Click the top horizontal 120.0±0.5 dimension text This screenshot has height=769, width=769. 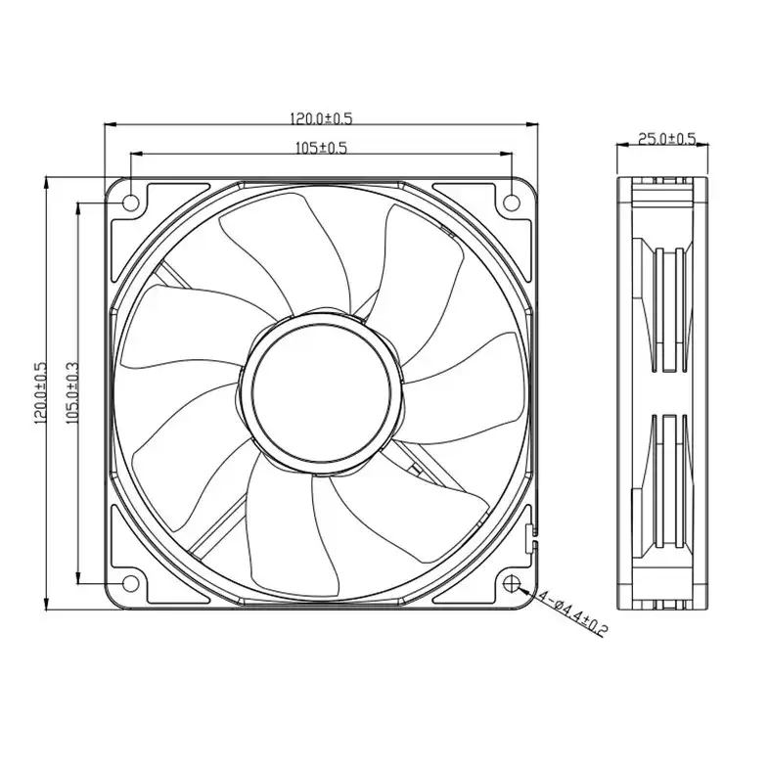(x=320, y=118)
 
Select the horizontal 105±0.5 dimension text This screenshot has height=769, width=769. (x=321, y=148)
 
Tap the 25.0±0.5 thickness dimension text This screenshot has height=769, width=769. (x=666, y=139)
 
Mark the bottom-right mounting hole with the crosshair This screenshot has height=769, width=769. (x=513, y=583)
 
